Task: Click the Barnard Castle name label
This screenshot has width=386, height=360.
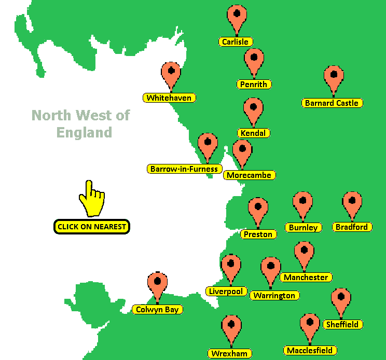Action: (x=332, y=103)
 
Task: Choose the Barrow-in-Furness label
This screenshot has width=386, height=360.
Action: (x=184, y=169)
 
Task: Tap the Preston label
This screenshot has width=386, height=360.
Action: (x=258, y=234)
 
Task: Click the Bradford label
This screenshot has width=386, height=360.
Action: (x=351, y=227)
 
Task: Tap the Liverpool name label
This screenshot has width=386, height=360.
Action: (x=226, y=291)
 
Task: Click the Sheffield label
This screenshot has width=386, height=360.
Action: (x=342, y=324)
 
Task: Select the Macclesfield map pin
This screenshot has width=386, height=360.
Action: (x=310, y=325)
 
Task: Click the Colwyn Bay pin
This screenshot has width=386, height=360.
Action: (x=157, y=283)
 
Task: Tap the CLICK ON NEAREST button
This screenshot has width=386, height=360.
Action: (x=91, y=226)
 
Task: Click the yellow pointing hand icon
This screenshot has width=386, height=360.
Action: (x=92, y=199)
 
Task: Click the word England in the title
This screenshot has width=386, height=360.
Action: (x=84, y=132)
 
